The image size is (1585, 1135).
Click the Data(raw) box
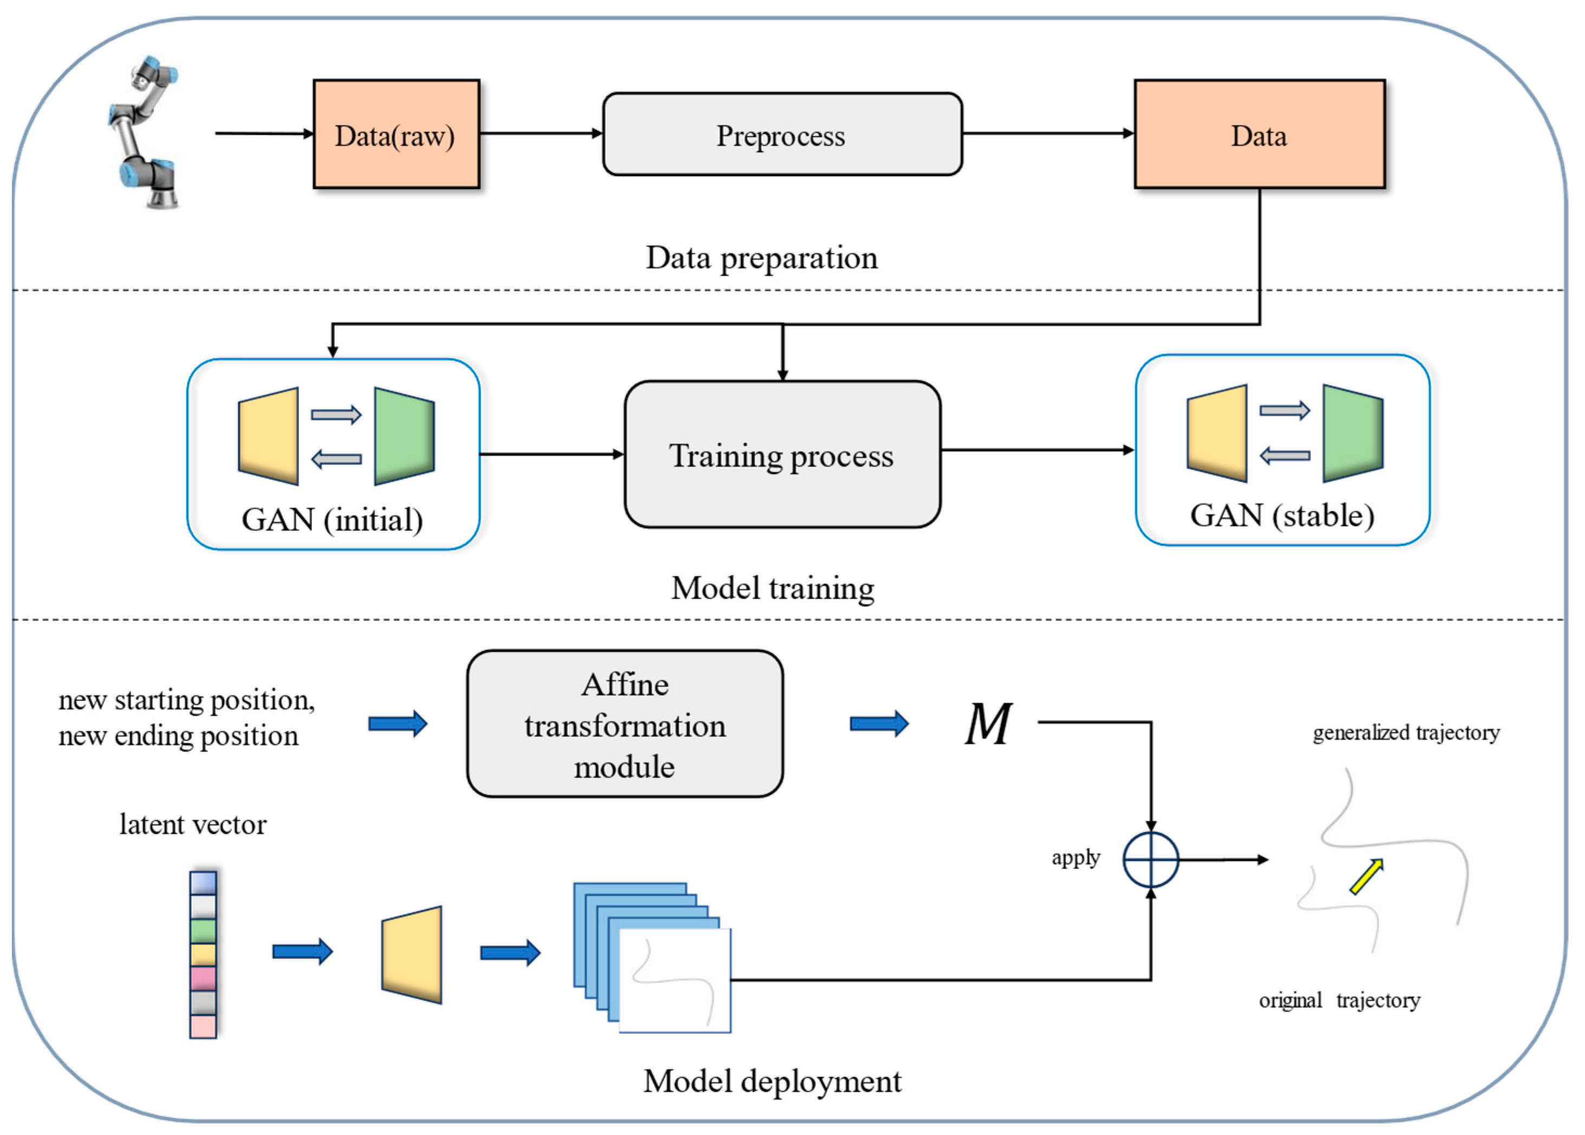396,134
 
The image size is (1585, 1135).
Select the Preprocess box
782,134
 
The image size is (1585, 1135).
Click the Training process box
782,455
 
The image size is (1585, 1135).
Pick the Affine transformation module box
624,724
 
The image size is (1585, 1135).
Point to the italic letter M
987,724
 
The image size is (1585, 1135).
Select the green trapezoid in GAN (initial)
405,436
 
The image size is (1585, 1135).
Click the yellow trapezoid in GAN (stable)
1217,433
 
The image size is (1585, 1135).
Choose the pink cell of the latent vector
203,978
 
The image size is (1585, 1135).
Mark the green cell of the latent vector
203,931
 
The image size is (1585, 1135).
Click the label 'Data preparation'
761,258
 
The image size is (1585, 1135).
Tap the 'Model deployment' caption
772,1081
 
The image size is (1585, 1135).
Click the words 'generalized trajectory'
1405,732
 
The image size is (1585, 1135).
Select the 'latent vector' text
193,825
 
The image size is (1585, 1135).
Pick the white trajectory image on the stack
675,981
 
